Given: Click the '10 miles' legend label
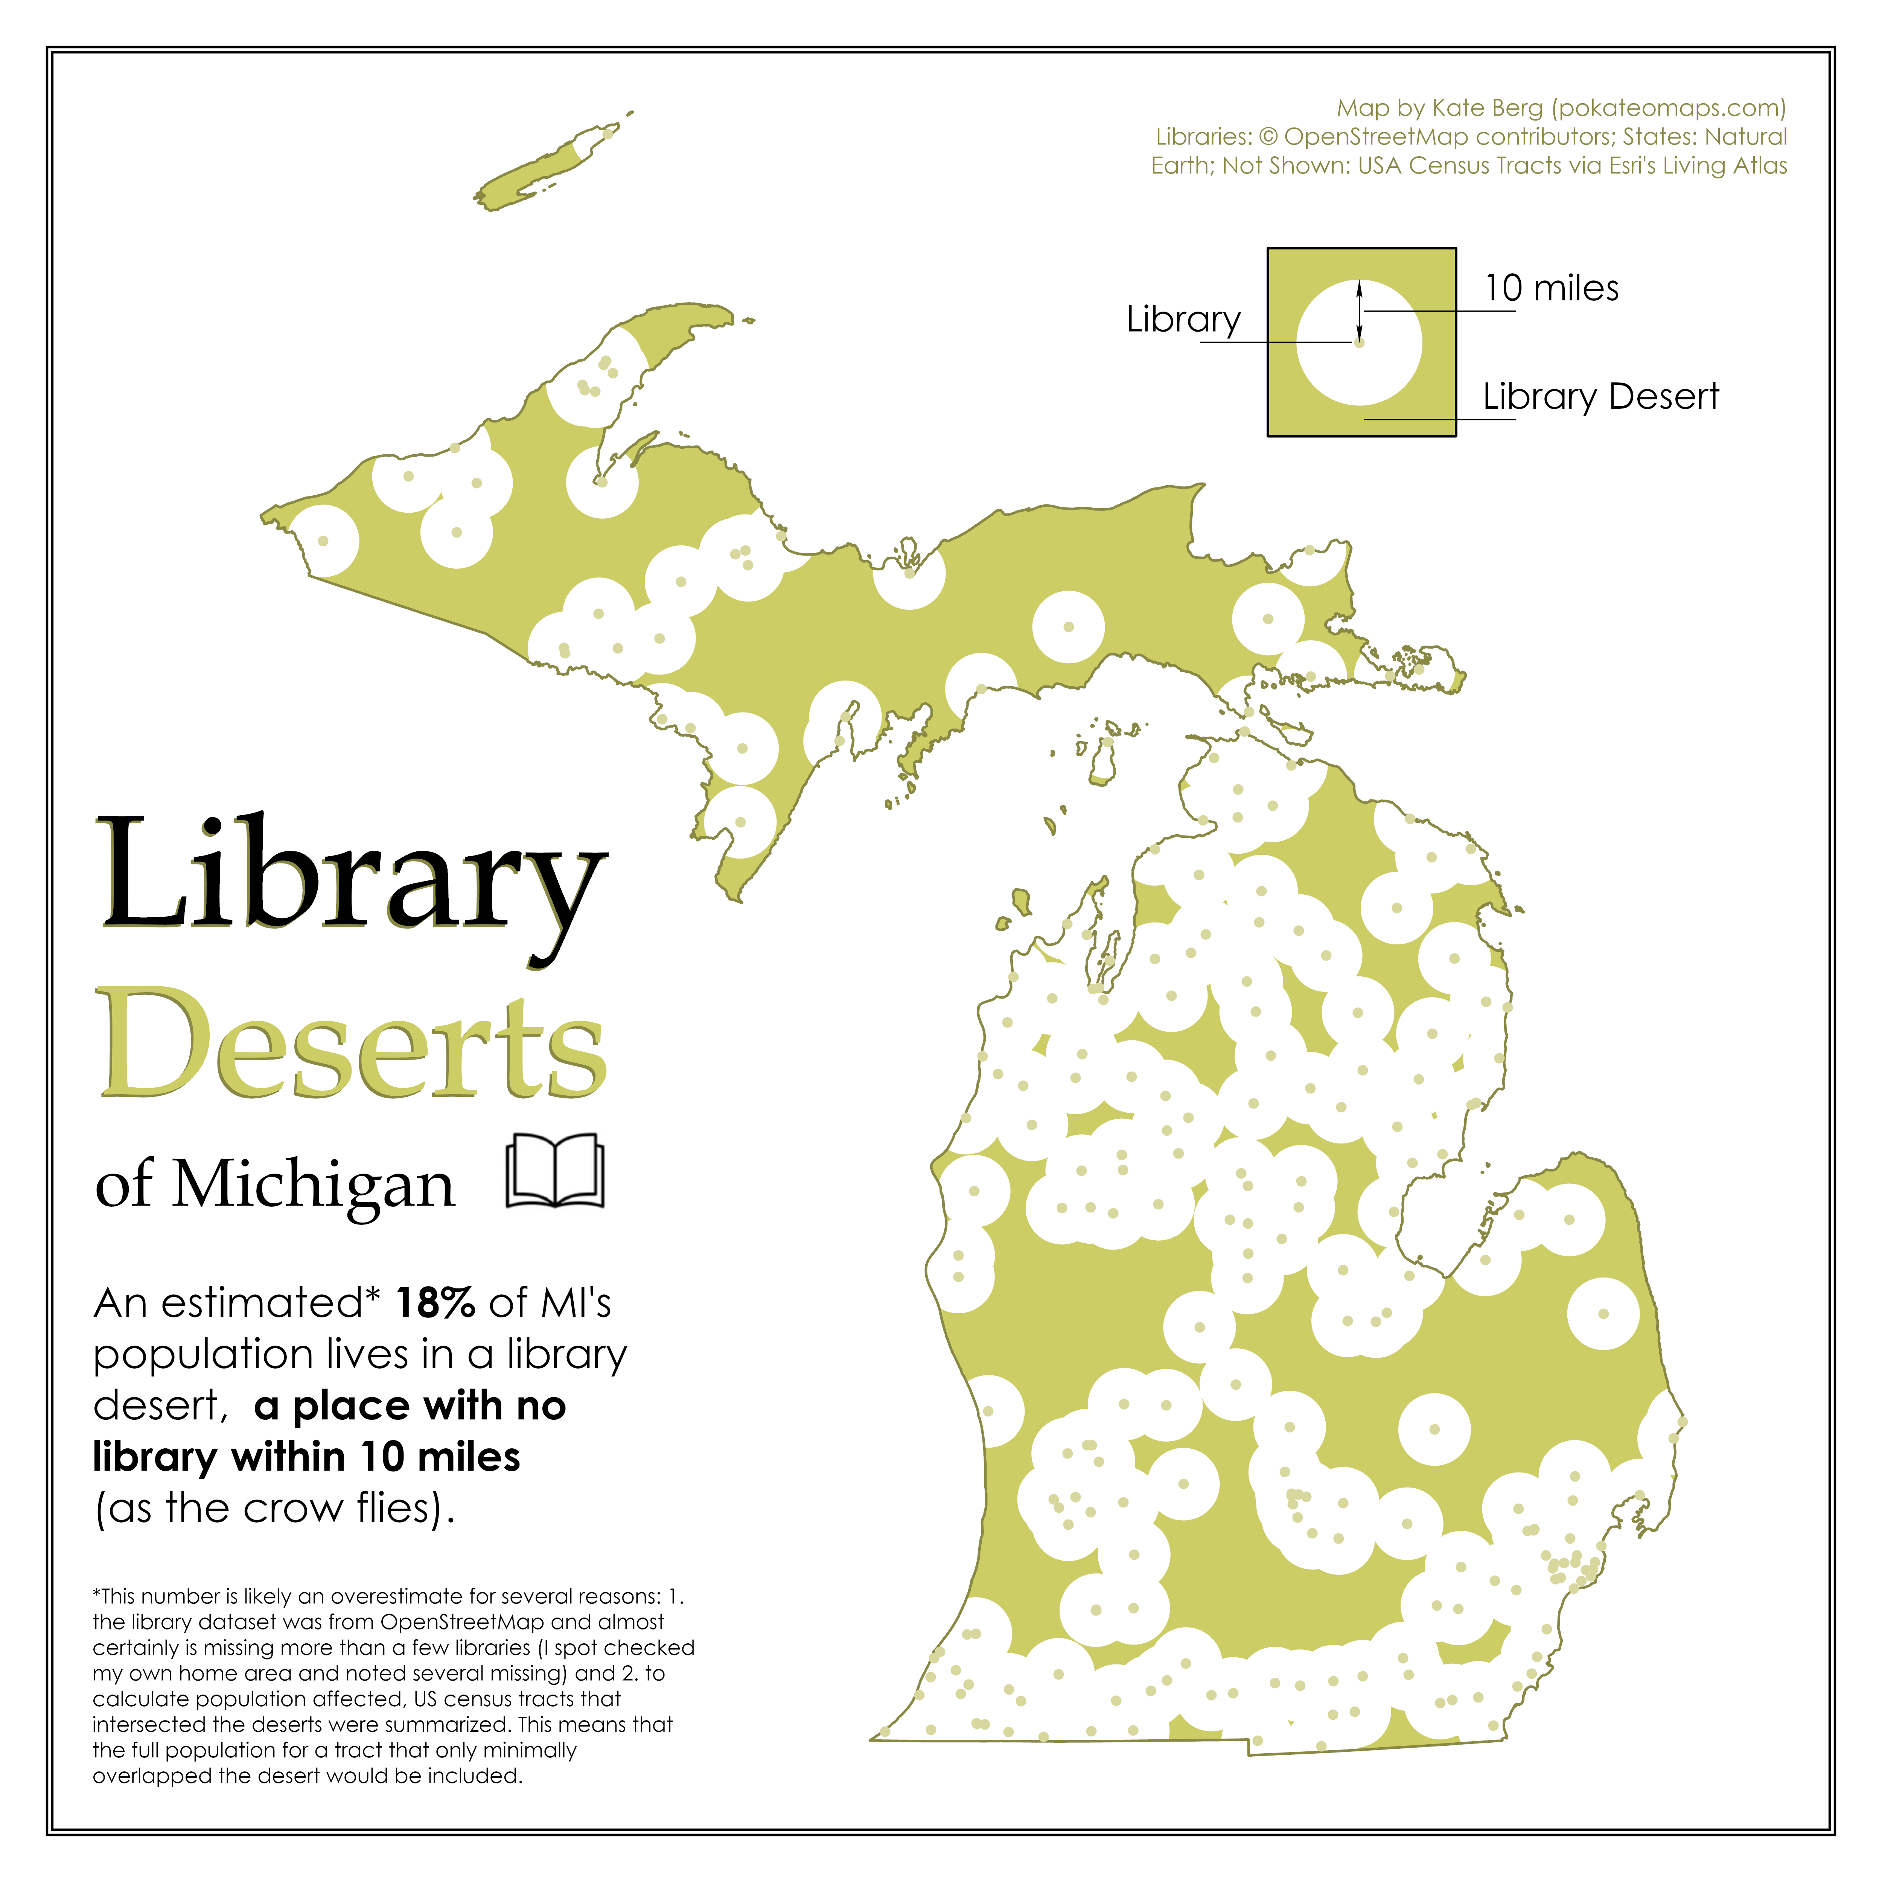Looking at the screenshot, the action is [1551, 288].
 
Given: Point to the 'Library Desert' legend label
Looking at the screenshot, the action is [1600, 396].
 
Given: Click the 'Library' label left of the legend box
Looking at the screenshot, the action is [1183, 320].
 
